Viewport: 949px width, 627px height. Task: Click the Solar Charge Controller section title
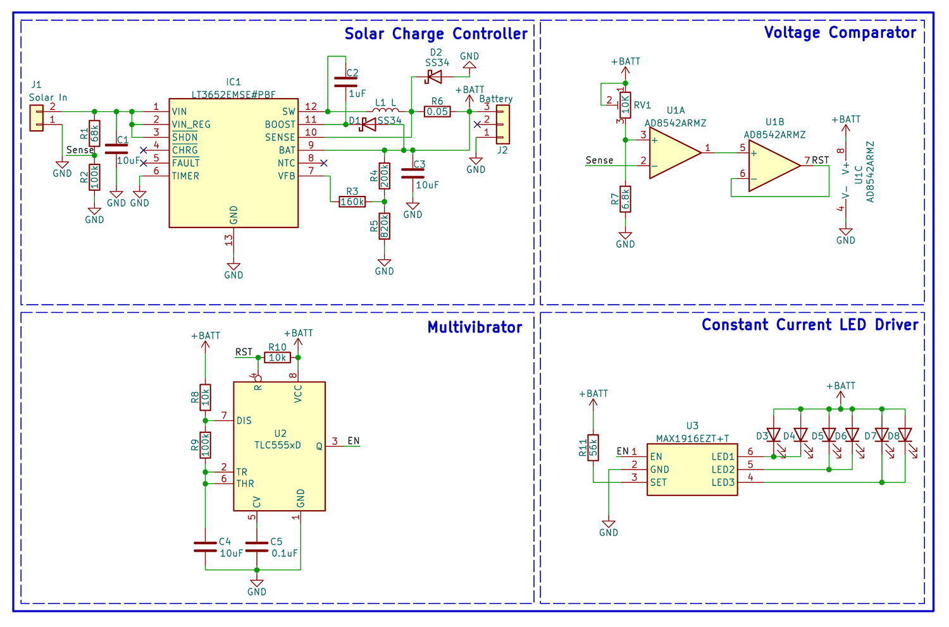[x=436, y=33]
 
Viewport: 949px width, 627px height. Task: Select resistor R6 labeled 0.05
[x=437, y=112]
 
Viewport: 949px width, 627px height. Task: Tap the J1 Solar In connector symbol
[x=37, y=118]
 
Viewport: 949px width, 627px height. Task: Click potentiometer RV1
[x=625, y=105]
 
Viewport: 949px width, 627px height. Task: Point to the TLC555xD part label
[x=278, y=445]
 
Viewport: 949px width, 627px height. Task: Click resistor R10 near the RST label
[x=277, y=358]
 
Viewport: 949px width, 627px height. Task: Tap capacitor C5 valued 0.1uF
[x=256, y=547]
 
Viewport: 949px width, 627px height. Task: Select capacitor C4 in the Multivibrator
[x=205, y=547]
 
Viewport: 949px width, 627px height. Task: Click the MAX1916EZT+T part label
[x=692, y=438]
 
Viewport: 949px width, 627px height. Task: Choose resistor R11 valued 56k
[x=593, y=447]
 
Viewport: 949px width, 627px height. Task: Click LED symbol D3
[x=773, y=435]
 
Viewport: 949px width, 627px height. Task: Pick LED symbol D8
[x=905, y=435]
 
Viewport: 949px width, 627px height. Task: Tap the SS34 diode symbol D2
[x=434, y=77]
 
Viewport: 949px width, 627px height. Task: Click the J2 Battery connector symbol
[x=502, y=125]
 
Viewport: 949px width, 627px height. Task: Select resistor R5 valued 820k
[x=384, y=226]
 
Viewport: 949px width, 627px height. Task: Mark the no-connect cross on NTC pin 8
[x=323, y=163]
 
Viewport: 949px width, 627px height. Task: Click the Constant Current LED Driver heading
[x=810, y=325]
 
